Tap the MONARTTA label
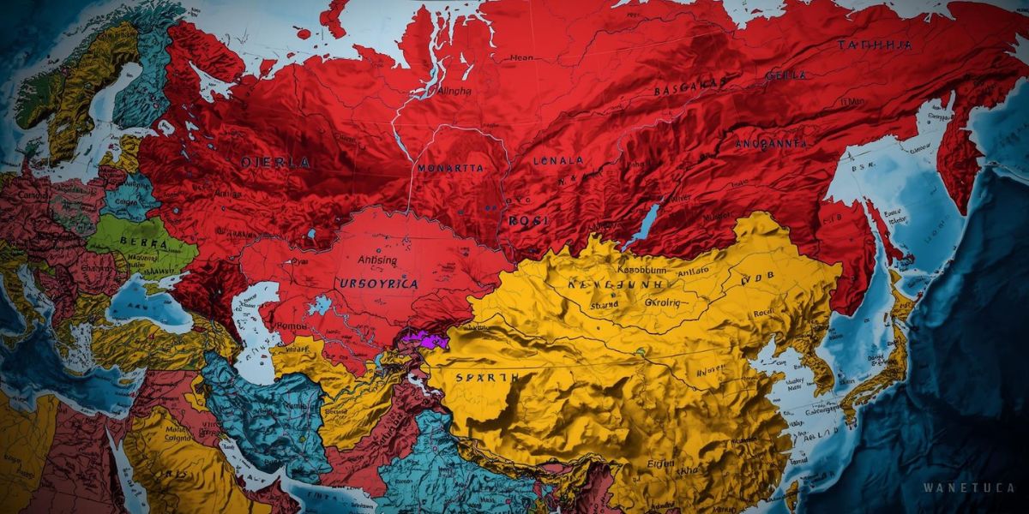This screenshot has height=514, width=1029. [450, 169]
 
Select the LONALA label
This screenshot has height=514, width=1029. [557, 160]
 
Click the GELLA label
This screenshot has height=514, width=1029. [785, 75]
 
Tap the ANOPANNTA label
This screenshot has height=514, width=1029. [771, 144]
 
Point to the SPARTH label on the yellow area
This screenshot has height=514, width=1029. [487, 377]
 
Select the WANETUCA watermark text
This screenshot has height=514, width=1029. [969, 487]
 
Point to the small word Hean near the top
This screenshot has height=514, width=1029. [521, 58]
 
